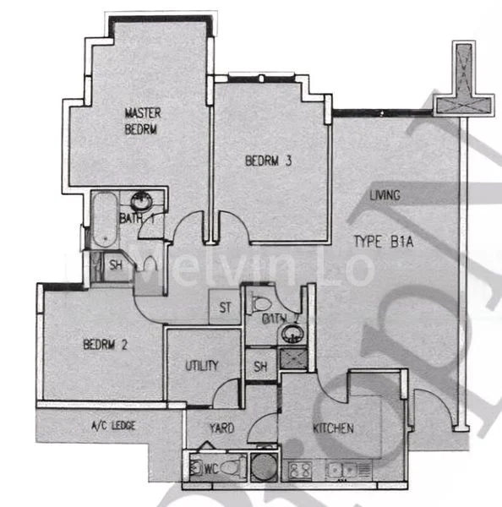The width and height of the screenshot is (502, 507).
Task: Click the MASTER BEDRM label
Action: coord(142,122)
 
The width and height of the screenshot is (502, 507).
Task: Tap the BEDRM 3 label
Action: coord(269,161)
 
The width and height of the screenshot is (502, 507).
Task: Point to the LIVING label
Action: coord(385,196)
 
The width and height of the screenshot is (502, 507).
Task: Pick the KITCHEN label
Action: coord(332,428)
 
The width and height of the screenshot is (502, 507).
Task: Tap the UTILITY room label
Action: coord(202,366)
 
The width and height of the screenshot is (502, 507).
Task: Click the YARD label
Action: coord(221,428)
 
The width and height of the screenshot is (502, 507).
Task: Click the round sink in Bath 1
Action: coord(140,201)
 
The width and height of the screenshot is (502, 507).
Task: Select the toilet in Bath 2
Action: coord(259,302)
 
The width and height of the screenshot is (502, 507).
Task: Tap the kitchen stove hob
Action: coord(297,467)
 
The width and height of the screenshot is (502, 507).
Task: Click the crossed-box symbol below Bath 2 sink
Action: coord(293,358)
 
